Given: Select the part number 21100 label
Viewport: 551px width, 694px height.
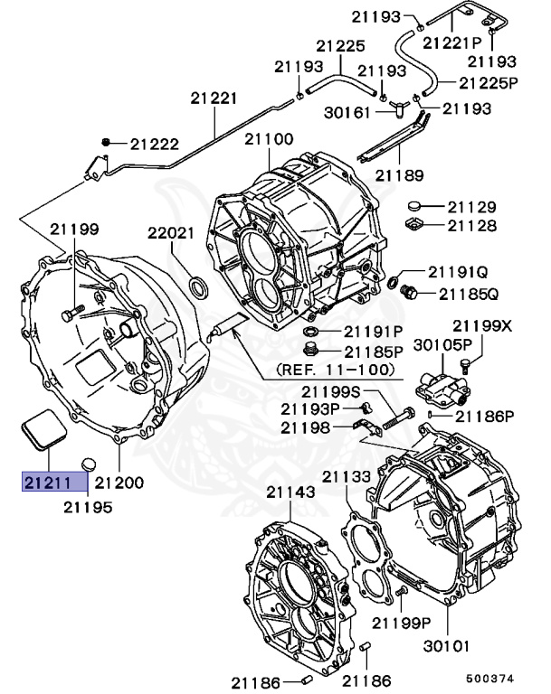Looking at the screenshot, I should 268,139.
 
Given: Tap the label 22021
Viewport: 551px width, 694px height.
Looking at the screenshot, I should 171,233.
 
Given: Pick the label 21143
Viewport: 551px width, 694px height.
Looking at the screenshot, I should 290,492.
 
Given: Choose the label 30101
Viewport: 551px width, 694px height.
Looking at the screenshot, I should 447,646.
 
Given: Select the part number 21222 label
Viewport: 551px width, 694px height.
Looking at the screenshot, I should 154,143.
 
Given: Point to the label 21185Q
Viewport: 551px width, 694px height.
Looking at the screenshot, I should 469,294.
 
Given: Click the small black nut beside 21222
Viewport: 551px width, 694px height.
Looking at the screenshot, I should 107,143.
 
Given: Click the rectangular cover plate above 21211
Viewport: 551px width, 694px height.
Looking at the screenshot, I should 41,429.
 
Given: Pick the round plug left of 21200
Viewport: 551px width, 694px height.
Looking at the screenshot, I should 88,464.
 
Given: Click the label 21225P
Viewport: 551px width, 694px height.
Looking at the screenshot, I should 488,83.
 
